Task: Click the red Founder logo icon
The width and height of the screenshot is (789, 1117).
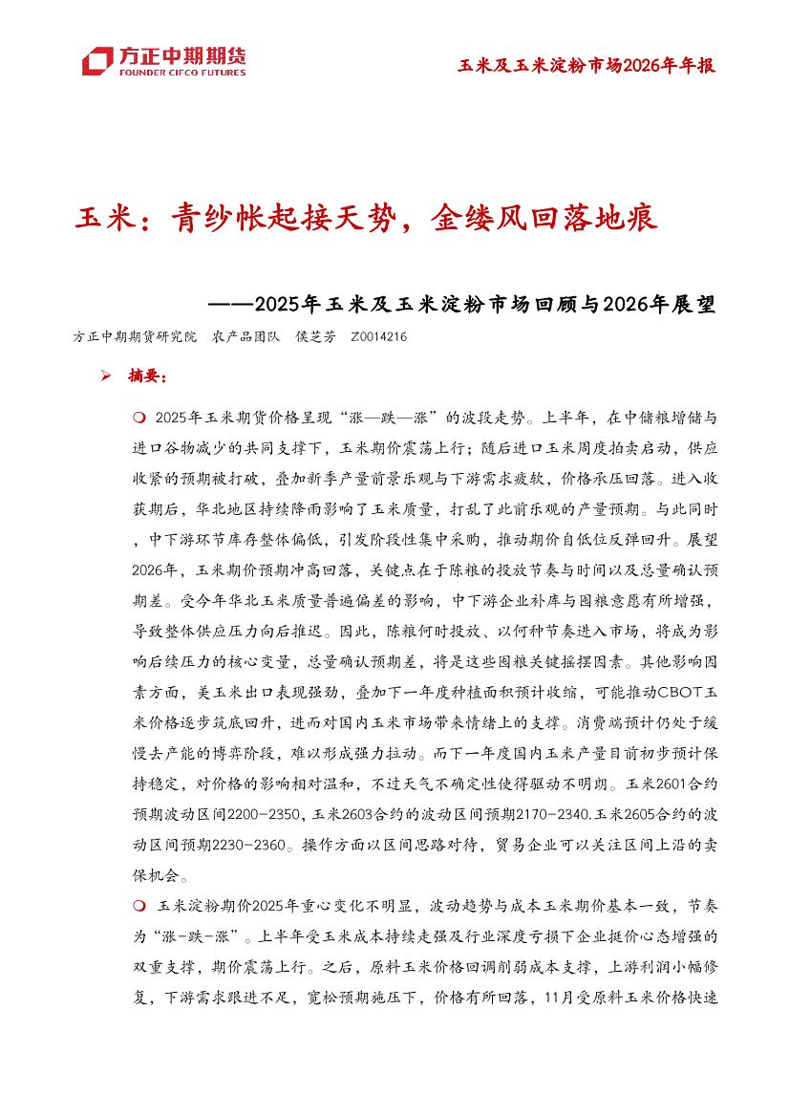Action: coord(97,60)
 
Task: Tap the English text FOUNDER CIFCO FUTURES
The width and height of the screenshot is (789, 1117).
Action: coord(181,72)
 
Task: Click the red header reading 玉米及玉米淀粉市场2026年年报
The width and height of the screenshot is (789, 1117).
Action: coord(586,65)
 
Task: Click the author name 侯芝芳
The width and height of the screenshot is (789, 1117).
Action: coord(316,337)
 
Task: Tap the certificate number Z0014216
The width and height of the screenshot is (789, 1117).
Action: coord(379,337)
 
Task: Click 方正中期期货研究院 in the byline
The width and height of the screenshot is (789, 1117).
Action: coord(135,337)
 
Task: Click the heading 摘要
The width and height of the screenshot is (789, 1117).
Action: coord(147,376)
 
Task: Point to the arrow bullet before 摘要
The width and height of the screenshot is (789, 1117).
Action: coord(107,376)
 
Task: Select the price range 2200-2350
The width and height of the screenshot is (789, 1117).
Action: coord(258,815)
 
